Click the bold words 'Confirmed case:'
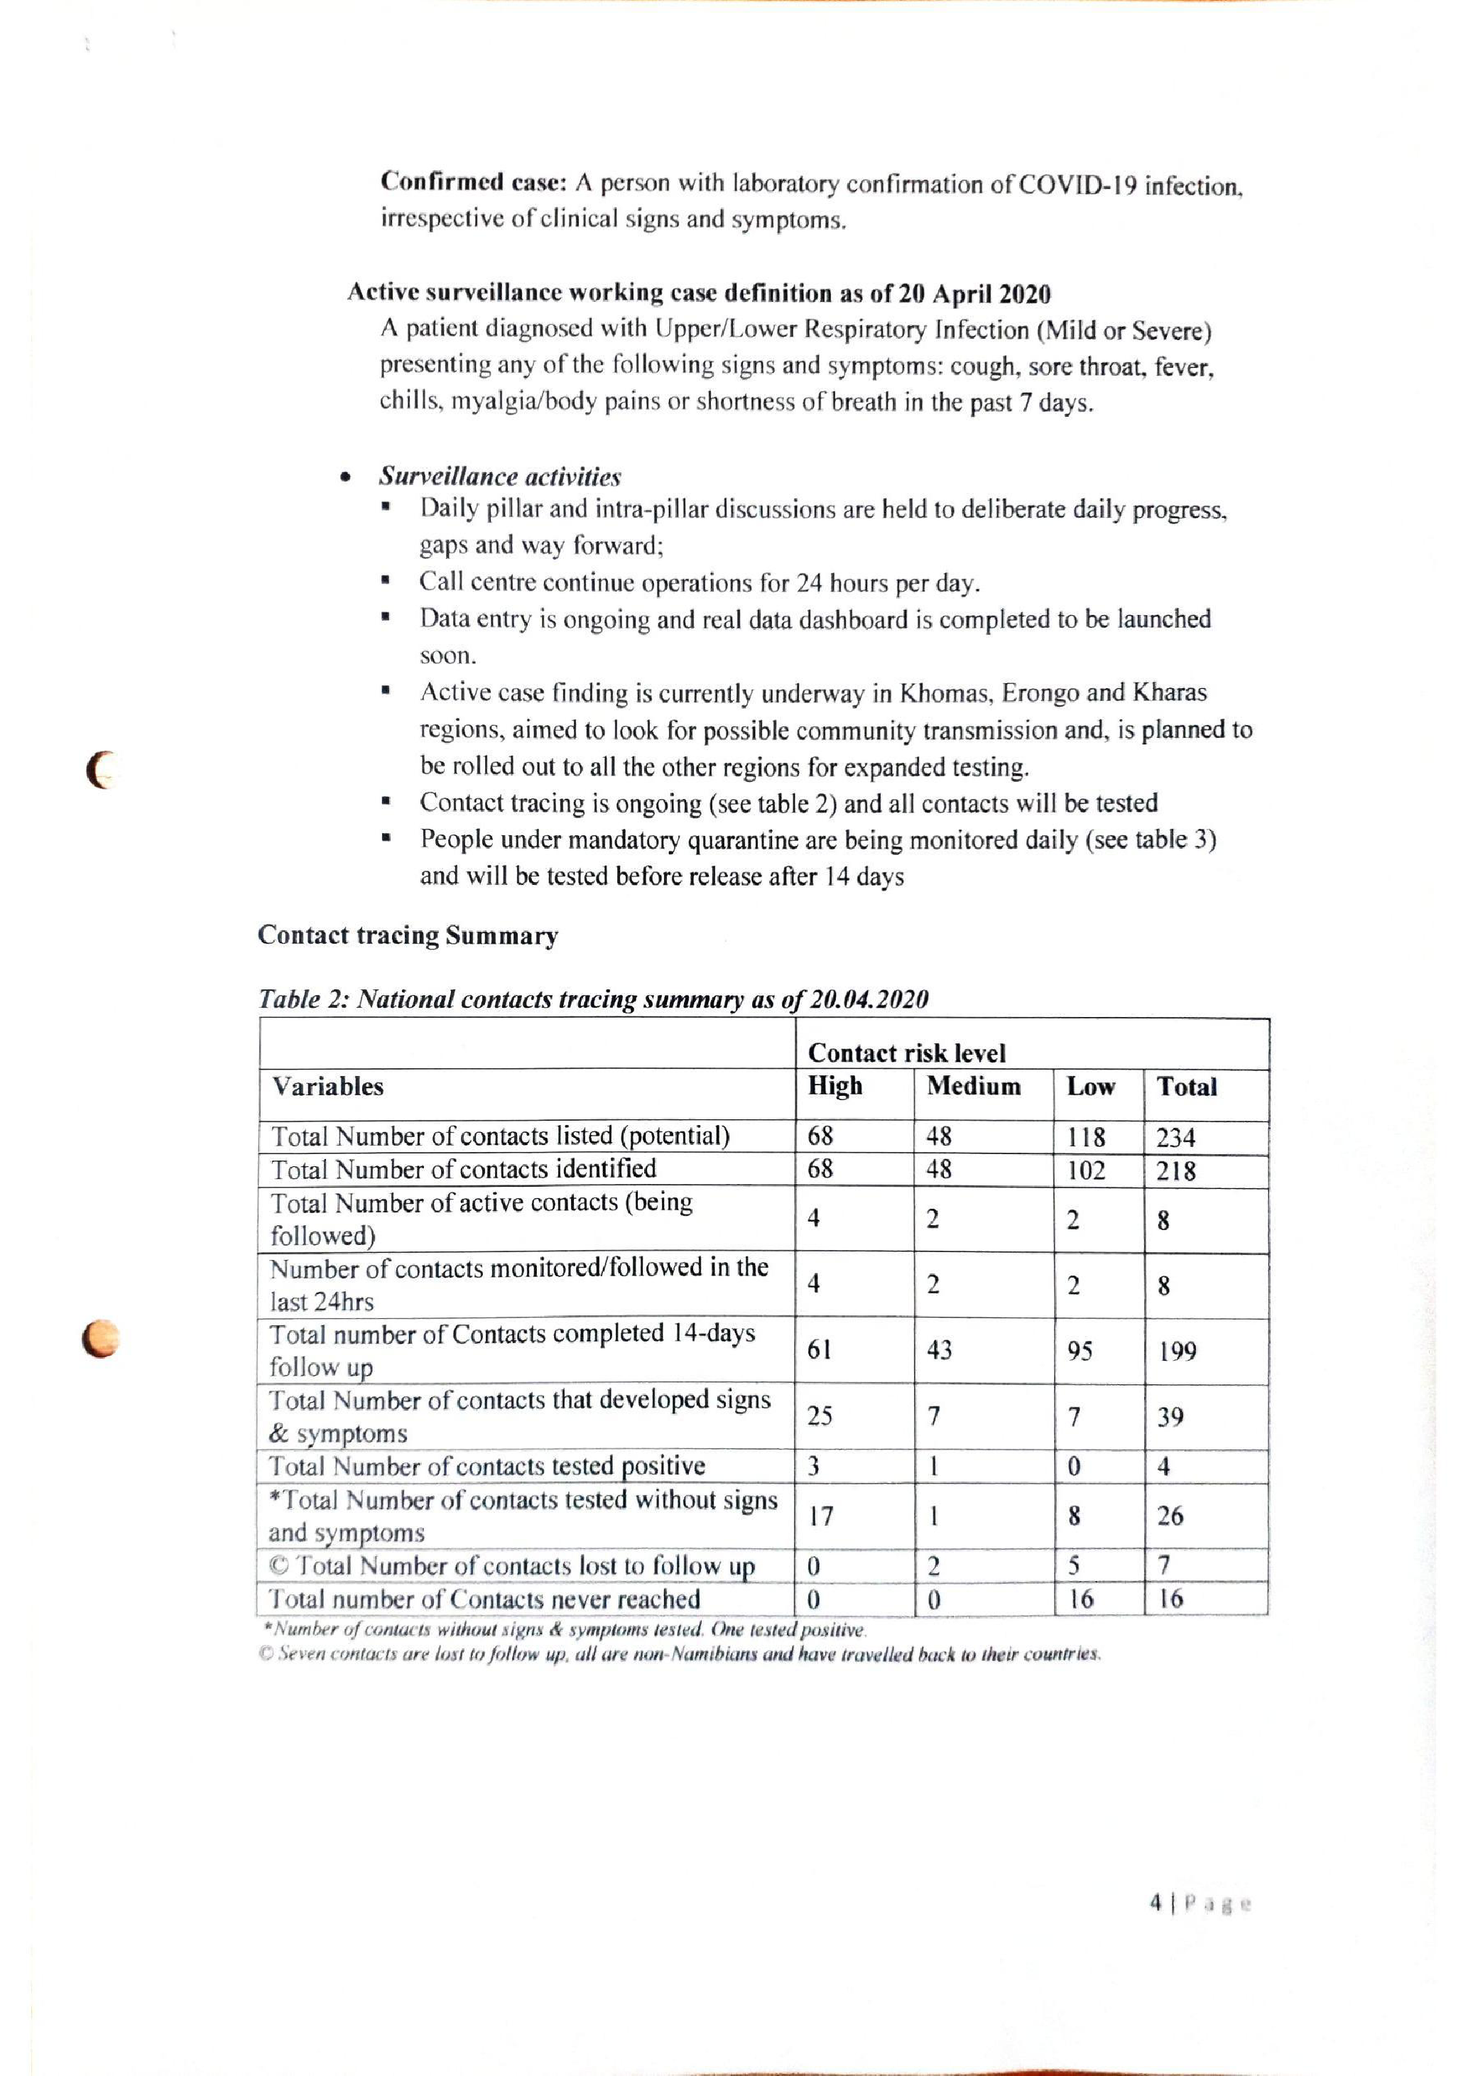click(473, 183)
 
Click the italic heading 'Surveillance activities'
click(500, 476)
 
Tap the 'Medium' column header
click(974, 1086)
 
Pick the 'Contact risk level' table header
click(907, 1053)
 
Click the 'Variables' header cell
click(328, 1086)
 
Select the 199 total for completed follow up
click(1177, 1352)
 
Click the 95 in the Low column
click(1080, 1351)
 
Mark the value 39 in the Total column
click(1170, 1417)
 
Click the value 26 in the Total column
click(1170, 1516)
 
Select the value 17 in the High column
click(820, 1516)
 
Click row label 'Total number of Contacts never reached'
click(484, 1599)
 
